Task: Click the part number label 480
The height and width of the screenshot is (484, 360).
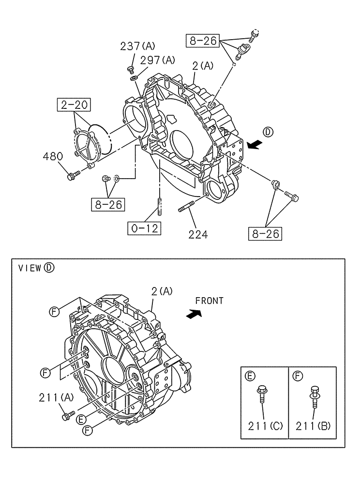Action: [x=53, y=156]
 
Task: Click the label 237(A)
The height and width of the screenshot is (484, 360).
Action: [x=137, y=46]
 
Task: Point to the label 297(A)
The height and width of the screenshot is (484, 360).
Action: [x=158, y=60]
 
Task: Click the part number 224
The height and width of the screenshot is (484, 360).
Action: [x=198, y=234]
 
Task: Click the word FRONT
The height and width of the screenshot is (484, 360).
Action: [x=210, y=301]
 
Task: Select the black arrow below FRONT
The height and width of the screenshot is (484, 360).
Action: [x=194, y=315]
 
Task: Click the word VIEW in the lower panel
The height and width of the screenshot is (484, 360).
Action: [x=29, y=268]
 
